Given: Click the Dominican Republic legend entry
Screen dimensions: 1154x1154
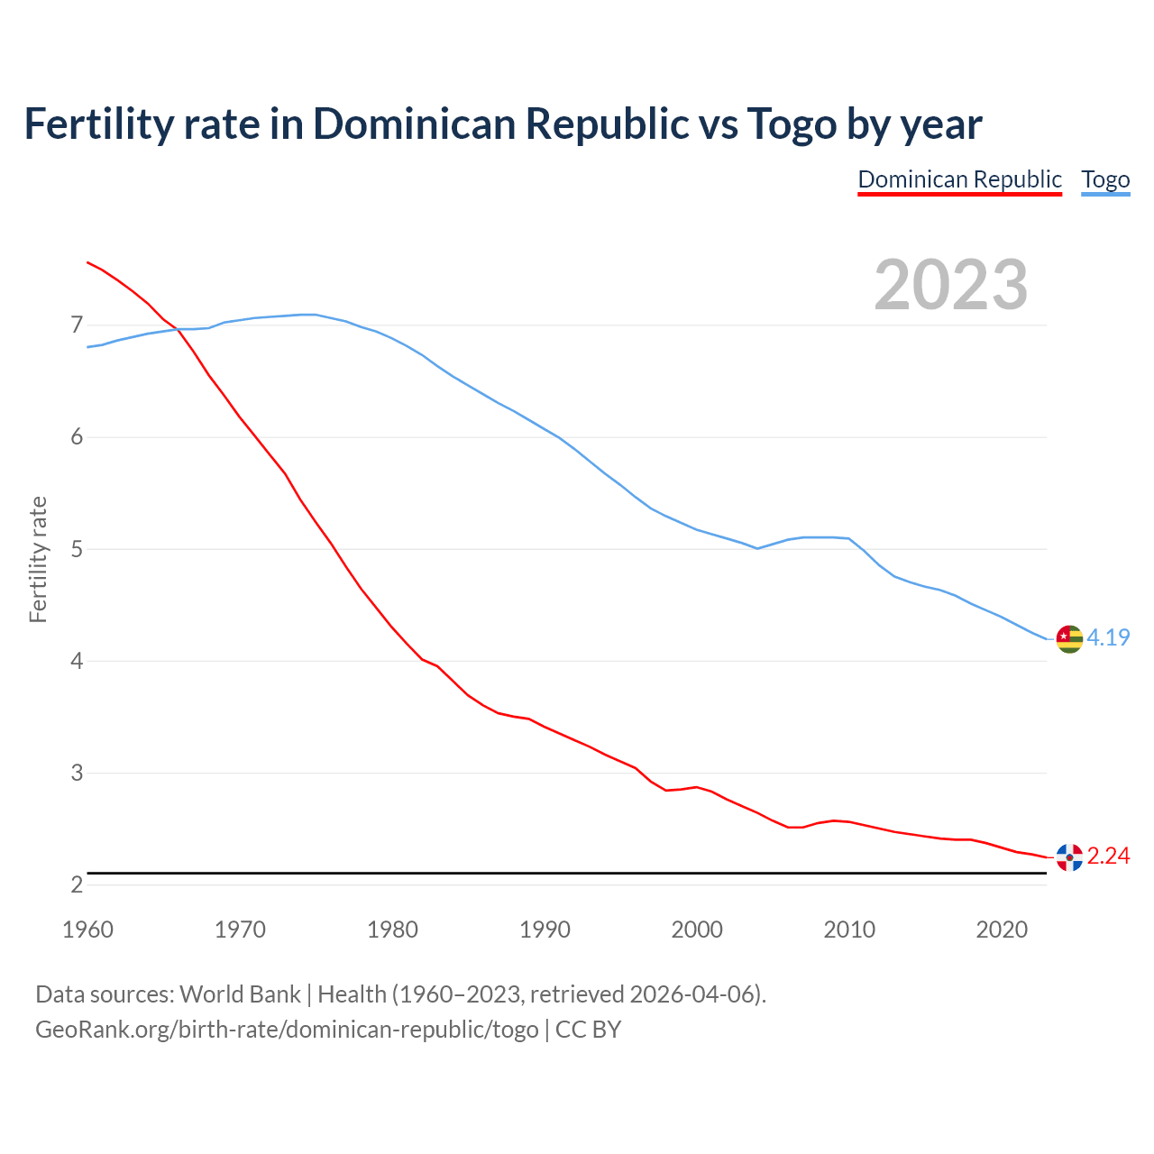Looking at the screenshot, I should [x=959, y=179].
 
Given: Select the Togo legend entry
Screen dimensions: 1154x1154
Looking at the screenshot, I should [x=1105, y=179].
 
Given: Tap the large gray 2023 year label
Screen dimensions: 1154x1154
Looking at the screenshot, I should [x=951, y=285].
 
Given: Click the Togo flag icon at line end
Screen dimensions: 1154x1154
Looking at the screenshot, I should [x=1069, y=638].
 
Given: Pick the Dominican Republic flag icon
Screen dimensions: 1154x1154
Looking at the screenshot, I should [x=1069, y=856].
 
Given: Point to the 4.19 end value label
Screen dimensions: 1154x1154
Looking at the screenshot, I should [x=1108, y=637].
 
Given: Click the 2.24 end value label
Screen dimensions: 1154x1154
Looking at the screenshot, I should [x=1108, y=856].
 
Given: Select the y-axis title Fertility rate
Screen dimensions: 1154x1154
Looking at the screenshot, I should [x=38, y=559].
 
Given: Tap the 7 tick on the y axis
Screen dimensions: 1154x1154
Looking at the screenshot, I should [x=77, y=325].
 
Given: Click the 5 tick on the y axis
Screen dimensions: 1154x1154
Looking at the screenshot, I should [x=77, y=549].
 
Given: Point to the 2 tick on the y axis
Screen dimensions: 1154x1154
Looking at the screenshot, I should [x=77, y=885].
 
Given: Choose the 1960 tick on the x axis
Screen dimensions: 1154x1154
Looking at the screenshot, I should [x=87, y=930].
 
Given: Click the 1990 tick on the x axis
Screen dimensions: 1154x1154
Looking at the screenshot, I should [x=545, y=930].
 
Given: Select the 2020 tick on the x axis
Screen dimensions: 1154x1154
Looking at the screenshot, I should [x=1002, y=930].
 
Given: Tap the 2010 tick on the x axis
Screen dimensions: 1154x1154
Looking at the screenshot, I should [x=849, y=930].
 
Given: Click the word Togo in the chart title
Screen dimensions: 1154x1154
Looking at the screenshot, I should [x=792, y=124].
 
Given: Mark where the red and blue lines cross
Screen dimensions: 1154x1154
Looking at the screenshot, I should [x=178, y=330].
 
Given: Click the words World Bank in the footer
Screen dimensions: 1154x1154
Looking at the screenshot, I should [x=240, y=994].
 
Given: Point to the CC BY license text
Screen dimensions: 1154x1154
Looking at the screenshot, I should [x=588, y=1030].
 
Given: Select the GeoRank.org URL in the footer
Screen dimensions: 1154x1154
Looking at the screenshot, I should [x=287, y=1030].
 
